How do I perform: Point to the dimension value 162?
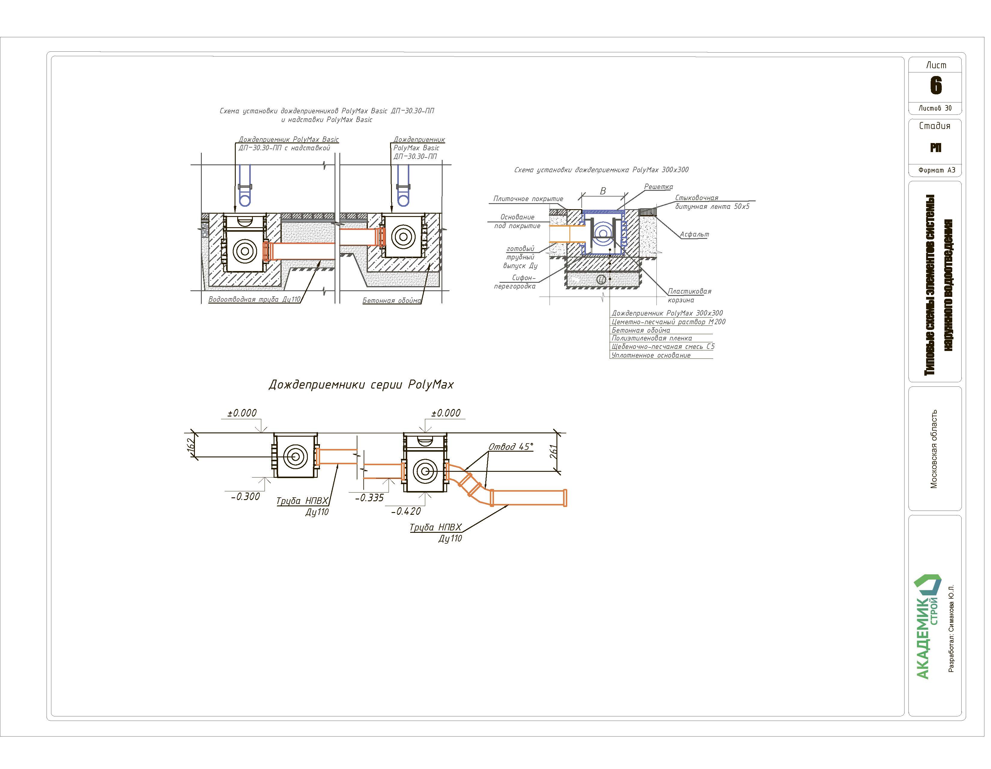(192, 444)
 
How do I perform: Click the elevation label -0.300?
(245, 497)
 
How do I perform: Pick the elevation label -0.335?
(369, 498)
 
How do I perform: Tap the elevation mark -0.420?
(406, 511)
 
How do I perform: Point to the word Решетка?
(658, 187)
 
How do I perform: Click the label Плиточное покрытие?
(528, 199)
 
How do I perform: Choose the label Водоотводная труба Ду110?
(254, 300)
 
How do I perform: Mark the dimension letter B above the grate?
(603, 191)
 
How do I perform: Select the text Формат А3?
(937, 170)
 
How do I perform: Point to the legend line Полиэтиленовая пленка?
(652, 338)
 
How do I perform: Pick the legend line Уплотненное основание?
(651, 356)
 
